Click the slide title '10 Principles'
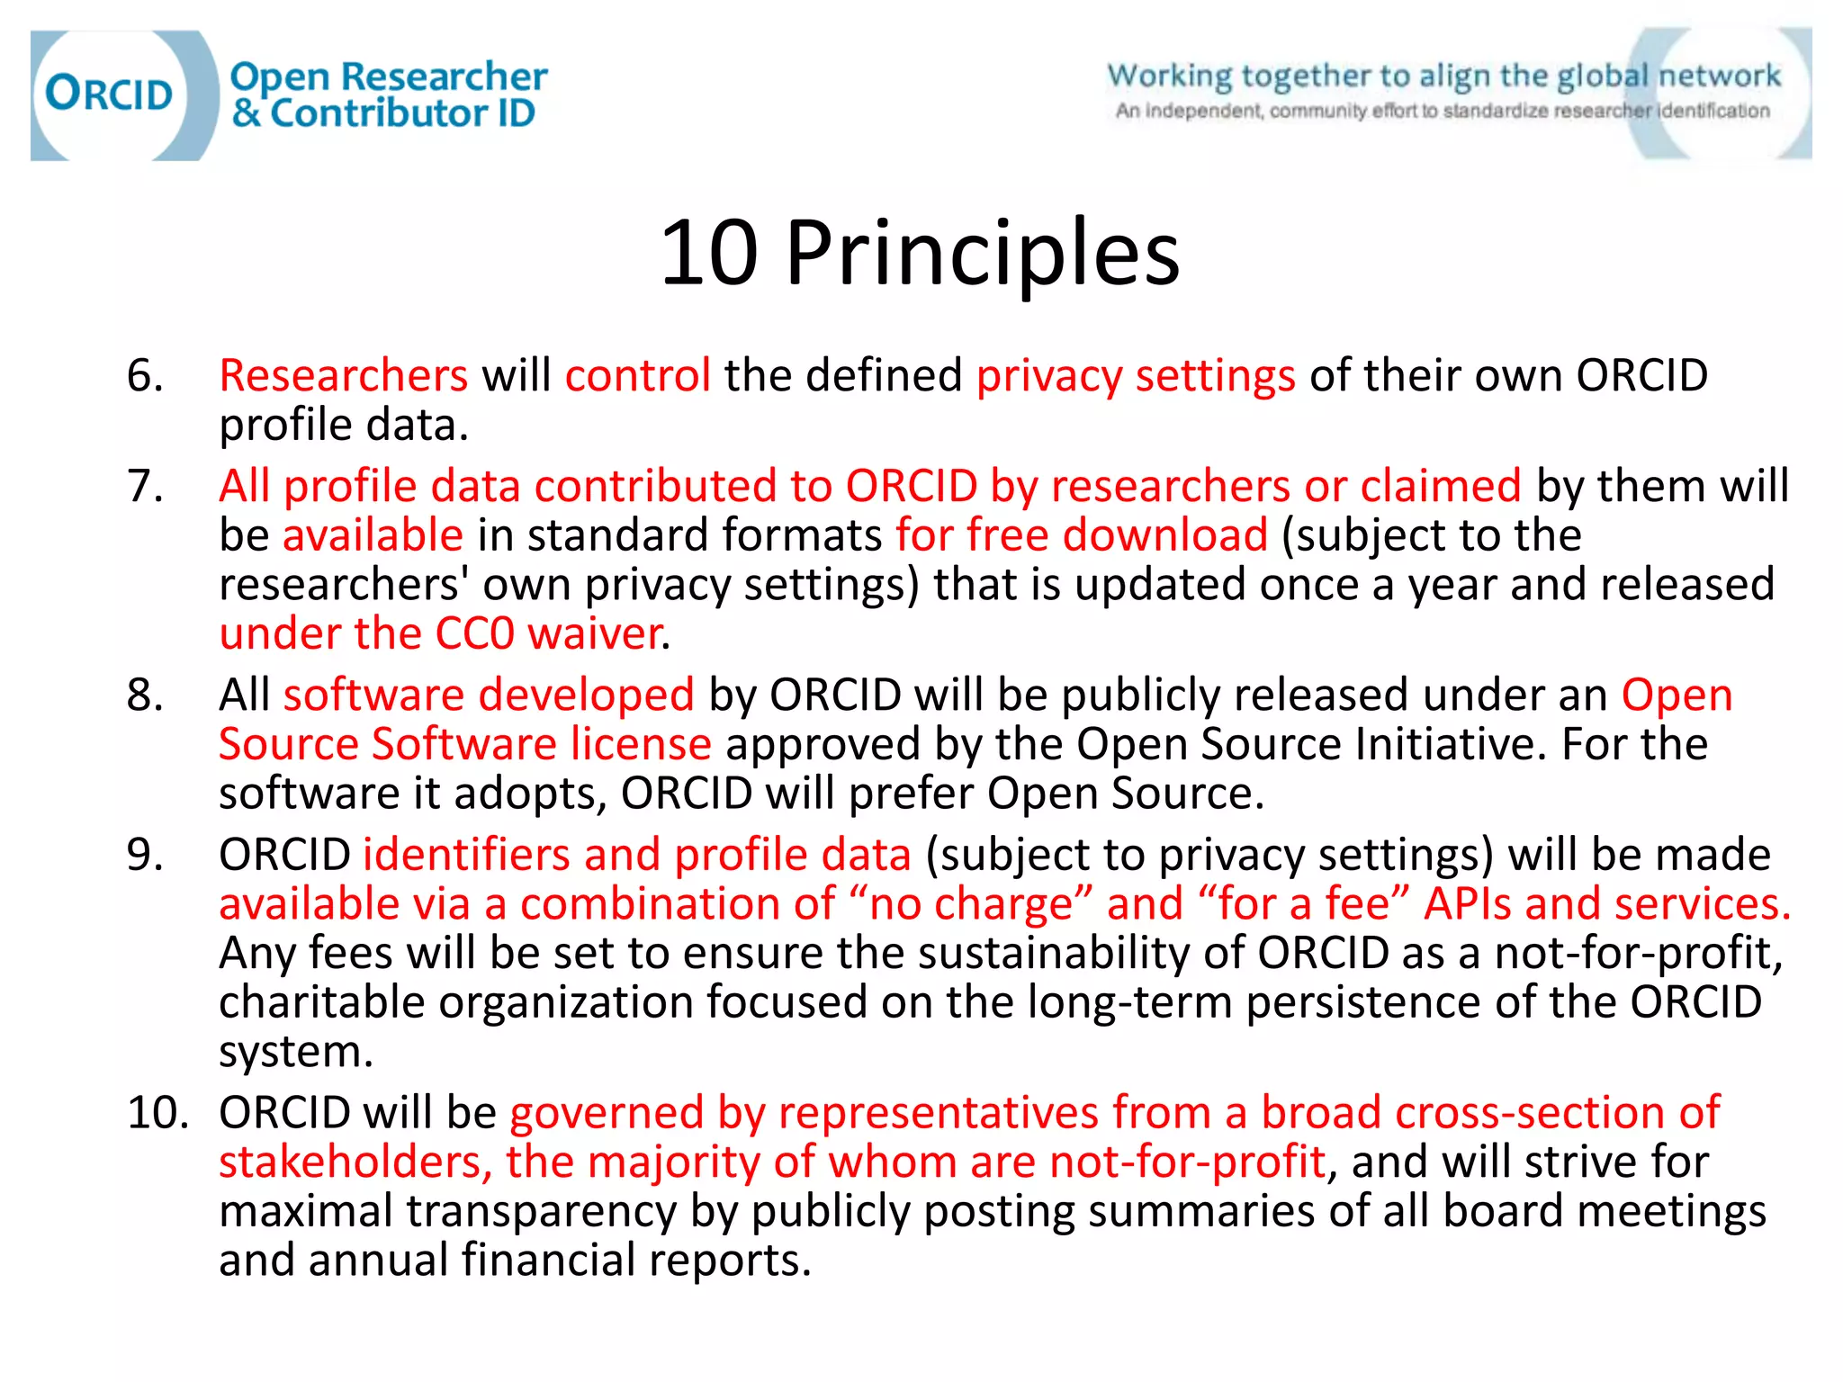tap(919, 254)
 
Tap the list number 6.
tap(145, 375)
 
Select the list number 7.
tap(145, 486)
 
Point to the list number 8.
tap(145, 695)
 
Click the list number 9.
tap(145, 855)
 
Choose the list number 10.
tap(157, 1113)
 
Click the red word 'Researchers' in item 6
tap(343, 375)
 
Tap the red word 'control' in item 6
tap(637, 375)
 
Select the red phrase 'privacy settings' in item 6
tap(1136, 375)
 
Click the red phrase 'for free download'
tap(1082, 535)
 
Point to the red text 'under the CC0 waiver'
tap(441, 633)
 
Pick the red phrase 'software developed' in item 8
tap(489, 695)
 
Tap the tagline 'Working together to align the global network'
tap(1443, 76)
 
